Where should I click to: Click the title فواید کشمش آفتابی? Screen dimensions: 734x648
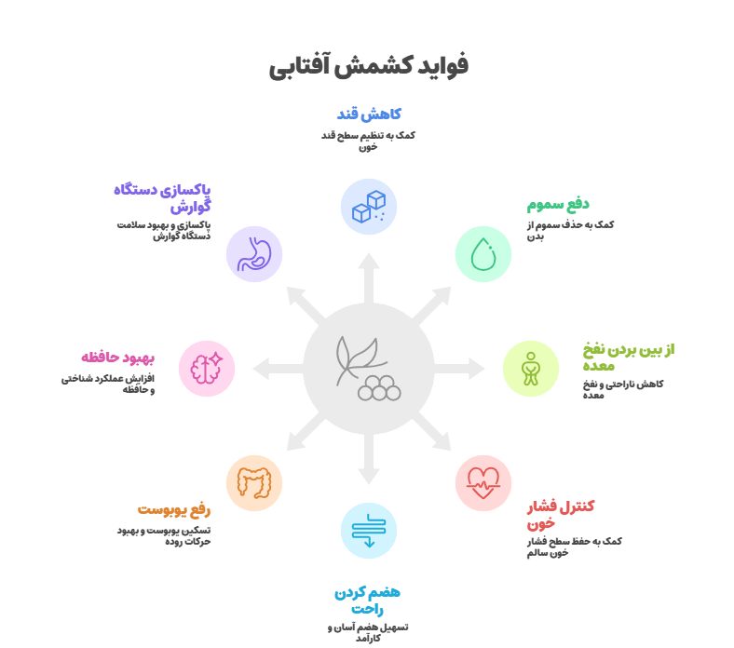click(x=369, y=65)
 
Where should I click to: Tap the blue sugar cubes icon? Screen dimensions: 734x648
click(x=369, y=207)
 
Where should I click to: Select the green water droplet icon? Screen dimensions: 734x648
click(x=483, y=254)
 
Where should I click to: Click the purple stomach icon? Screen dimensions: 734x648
click(x=254, y=254)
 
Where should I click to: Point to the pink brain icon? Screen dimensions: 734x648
click(x=207, y=368)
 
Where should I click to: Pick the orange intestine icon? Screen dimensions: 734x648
click(x=254, y=482)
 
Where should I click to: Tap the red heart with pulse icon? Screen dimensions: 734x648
click(x=483, y=483)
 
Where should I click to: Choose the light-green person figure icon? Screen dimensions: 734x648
click(x=530, y=369)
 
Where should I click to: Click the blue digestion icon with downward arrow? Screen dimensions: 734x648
click(x=369, y=531)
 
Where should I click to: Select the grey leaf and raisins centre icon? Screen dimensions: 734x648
click(x=369, y=368)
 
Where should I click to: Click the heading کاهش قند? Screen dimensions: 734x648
click(x=369, y=115)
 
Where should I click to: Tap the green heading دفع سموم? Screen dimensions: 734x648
click(x=558, y=205)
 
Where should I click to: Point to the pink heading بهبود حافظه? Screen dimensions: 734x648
click(x=117, y=358)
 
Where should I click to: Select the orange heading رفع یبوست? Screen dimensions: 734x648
click(x=173, y=509)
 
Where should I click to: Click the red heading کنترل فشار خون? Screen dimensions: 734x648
click(x=561, y=515)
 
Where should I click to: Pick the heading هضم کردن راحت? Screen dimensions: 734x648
click(x=368, y=601)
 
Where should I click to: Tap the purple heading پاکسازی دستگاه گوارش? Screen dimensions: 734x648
click(x=162, y=198)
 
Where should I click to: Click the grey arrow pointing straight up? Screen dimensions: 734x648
click(x=369, y=278)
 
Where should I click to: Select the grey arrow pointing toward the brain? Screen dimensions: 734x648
click(x=279, y=369)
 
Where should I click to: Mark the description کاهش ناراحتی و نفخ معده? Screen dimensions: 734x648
click(x=623, y=389)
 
